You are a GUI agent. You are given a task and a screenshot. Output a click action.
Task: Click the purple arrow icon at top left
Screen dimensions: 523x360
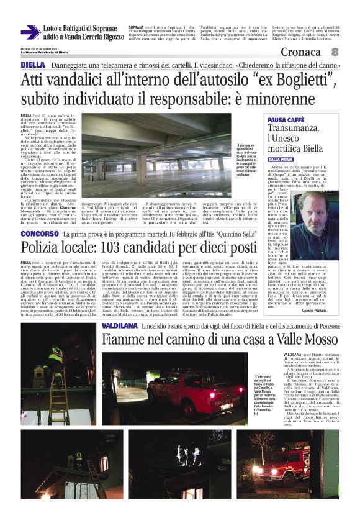point(30,33)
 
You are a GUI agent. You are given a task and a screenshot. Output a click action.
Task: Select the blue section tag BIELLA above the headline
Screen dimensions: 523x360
point(32,65)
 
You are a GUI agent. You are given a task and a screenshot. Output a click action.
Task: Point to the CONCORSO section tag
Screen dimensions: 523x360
point(40,234)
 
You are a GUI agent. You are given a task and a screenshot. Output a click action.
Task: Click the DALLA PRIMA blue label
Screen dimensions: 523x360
point(281,160)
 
